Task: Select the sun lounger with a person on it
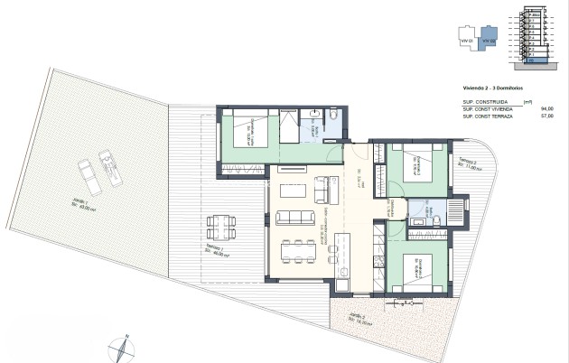[x=111, y=169]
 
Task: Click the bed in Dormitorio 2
[x=423, y=166]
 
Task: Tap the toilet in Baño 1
[x=334, y=116]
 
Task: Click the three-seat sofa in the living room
[x=292, y=218]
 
